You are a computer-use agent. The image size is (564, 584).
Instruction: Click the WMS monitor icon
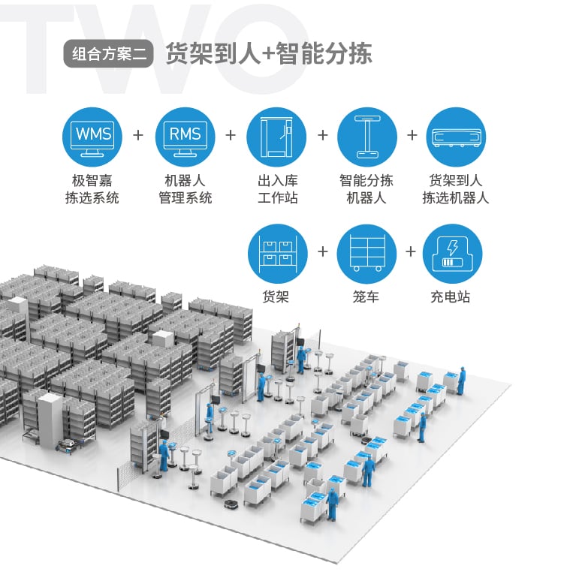(x=92, y=137)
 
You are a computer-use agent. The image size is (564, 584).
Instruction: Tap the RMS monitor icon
(x=185, y=137)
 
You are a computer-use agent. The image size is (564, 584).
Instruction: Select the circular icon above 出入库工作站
(x=276, y=137)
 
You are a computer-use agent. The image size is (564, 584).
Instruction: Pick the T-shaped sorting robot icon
(x=367, y=137)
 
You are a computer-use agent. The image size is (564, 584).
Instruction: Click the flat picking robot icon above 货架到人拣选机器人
(x=456, y=137)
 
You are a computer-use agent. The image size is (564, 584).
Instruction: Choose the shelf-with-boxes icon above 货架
(x=278, y=254)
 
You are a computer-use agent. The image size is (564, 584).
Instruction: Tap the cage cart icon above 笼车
(x=367, y=254)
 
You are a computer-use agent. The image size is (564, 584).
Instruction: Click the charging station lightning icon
(x=452, y=254)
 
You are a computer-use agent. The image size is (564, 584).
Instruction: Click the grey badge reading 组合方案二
(x=108, y=53)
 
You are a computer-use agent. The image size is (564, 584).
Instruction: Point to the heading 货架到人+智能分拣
(x=269, y=53)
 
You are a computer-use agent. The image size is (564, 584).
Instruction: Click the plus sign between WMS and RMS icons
(x=138, y=135)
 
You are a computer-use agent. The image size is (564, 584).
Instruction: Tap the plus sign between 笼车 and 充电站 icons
(x=411, y=251)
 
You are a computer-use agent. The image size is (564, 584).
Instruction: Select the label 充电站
(x=451, y=297)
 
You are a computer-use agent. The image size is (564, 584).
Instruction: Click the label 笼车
(x=366, y=297)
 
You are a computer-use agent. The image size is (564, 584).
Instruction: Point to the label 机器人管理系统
(x=185, y=189)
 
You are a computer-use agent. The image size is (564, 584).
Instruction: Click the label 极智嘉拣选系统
(x=92, y=189)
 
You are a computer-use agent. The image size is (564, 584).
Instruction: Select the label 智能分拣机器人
(x=366, y=189)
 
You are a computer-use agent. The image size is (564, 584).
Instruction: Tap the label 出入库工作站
(x=278, y=189)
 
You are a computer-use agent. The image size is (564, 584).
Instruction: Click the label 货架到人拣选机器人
(x=456, y=189)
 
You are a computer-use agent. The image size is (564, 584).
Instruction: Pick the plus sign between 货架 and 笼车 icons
(x=323, y=251)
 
